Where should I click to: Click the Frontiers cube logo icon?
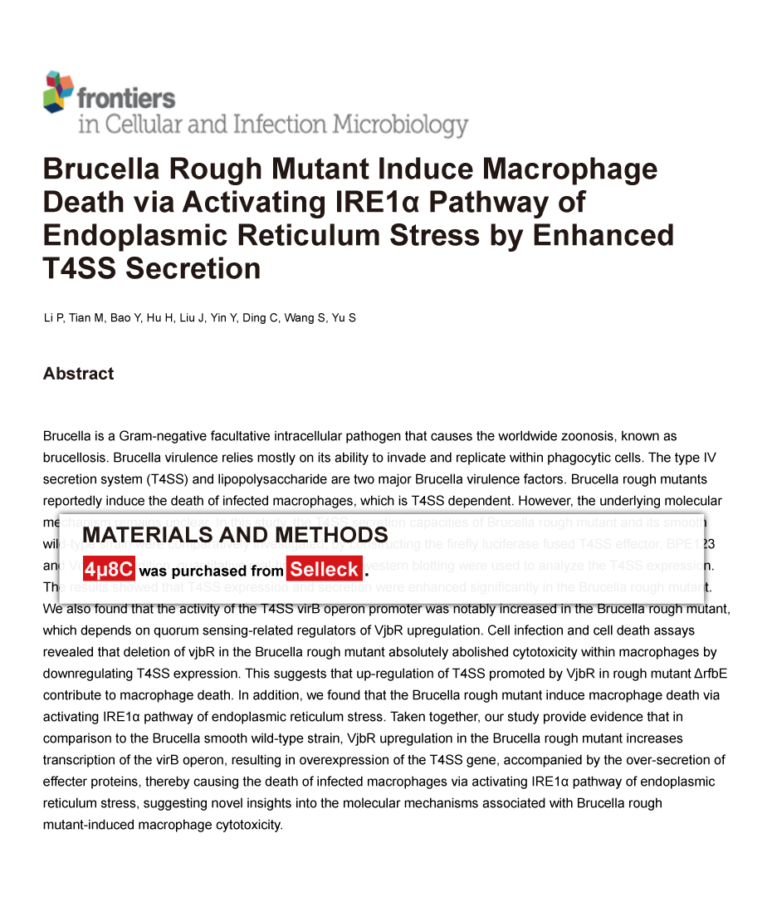click(58, 91)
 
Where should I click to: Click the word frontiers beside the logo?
click(126, 98)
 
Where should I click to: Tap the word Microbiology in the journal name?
click(400, 125)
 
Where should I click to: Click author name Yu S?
click(344, 318)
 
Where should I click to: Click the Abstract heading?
click(78, 374)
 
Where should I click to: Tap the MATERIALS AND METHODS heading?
click(235, 535)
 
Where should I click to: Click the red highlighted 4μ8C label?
click(109, 570)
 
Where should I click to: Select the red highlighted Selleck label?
click(325, 570)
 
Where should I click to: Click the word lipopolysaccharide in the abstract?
click(269, 479)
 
